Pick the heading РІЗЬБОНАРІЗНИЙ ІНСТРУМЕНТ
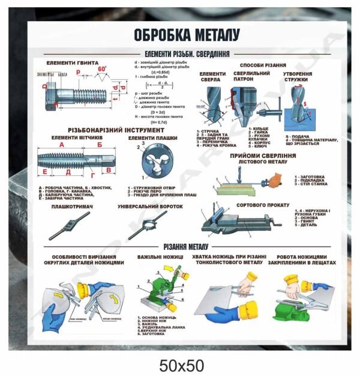click(116, 130)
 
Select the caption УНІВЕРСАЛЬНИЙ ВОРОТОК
click(150, 206)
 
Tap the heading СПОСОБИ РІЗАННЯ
click(262, 65)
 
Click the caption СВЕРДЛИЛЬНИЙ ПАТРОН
click(250, 77)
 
